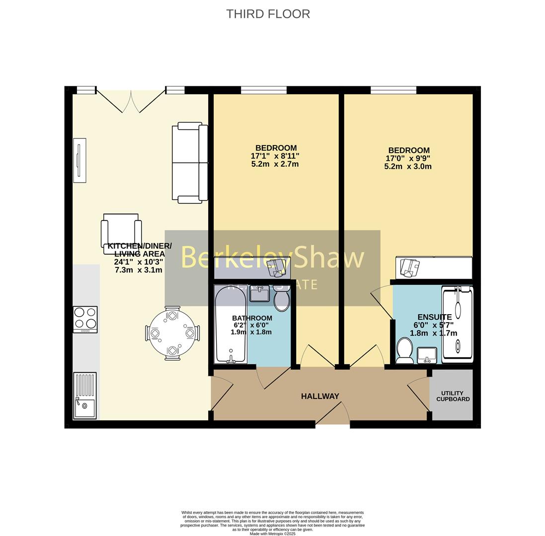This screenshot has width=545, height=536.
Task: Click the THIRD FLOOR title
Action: (x=268, y=14)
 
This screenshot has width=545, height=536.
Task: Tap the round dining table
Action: (x=172, y=333)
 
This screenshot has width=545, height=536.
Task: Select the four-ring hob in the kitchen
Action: (x=85, y=319)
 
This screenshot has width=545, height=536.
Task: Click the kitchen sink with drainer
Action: (x=84, y=396)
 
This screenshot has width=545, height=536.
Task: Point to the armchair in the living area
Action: (x=121, y=232)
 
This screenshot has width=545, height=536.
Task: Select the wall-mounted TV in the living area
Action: (x=79, y=160)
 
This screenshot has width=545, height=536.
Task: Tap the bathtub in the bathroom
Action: (x=230, y=325)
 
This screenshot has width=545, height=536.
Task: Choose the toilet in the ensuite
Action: (x=404, y=350)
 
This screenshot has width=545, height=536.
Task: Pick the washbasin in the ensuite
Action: (x=427, y=354)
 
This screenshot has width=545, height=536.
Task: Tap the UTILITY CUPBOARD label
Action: (x=453, y=396)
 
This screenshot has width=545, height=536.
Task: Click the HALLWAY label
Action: (x=320, y=396)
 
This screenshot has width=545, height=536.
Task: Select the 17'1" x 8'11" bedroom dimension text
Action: (x=275, y=156)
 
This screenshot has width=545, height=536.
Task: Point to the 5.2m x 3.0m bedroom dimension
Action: (x=407, y=167)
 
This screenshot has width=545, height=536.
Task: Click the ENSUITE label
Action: (x=434, y=317)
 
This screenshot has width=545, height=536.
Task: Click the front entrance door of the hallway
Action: (x=332, y=415)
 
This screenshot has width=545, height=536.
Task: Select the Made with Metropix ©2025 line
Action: (x=272, y=534)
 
